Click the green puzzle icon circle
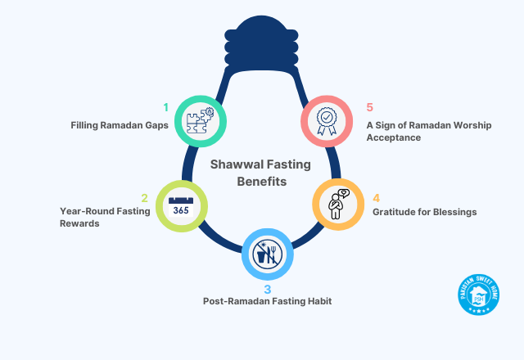point(200,119)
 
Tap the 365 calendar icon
point(179,205)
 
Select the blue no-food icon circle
point(265,254)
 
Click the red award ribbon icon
point(327,119)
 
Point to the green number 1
point(165,107)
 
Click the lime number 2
point(144,198)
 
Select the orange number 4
point(376,198)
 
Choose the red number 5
point(370,107)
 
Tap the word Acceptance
point(395,138)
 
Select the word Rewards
point(80,223)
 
